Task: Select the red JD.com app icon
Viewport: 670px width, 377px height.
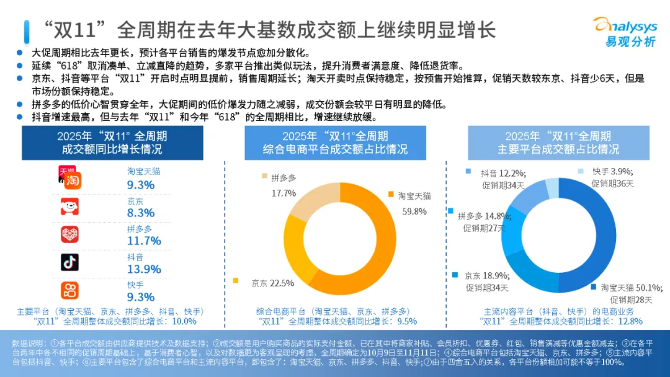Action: click(69, 206)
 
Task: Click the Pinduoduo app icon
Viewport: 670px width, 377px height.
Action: click(69, 234)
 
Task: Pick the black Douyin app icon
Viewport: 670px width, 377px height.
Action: click(69, 262)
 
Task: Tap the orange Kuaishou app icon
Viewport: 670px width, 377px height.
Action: click(69, 290)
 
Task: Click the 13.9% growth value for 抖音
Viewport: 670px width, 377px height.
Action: click(144, 269)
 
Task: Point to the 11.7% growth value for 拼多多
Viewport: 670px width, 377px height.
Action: click(144, 241)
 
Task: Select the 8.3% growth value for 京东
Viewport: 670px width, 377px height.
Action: click(140, 213)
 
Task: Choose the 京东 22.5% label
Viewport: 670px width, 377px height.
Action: click(273, 283)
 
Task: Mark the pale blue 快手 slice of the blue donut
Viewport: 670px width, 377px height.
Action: click(552, 187)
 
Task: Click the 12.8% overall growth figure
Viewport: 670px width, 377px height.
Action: click(630, 321)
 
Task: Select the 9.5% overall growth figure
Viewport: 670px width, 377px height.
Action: click(405, 321)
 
